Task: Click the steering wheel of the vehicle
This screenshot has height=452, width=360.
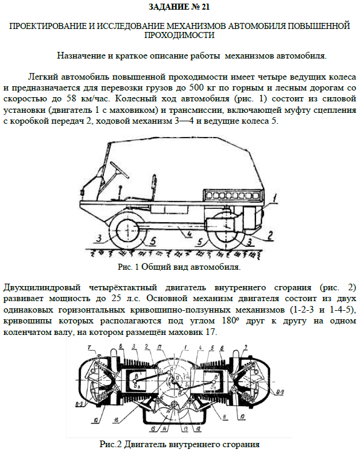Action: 118,170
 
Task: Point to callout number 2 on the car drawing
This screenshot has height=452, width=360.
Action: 269,235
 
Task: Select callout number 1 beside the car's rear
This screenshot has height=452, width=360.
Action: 275,199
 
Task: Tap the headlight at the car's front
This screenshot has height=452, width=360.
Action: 82,191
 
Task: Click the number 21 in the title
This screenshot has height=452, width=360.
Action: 204,7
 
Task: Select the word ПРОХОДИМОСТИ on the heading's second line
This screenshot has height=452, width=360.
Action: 179,35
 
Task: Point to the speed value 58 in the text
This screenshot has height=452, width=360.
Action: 71,98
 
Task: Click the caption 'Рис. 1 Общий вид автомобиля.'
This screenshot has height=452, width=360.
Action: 179,267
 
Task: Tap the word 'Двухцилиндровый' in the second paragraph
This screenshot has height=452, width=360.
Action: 42,288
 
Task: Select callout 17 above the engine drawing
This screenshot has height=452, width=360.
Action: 159,348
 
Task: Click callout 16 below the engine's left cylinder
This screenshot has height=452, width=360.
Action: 116,420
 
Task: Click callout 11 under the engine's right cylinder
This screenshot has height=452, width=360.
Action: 225,417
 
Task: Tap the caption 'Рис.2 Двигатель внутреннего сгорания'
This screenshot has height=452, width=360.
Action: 179,444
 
